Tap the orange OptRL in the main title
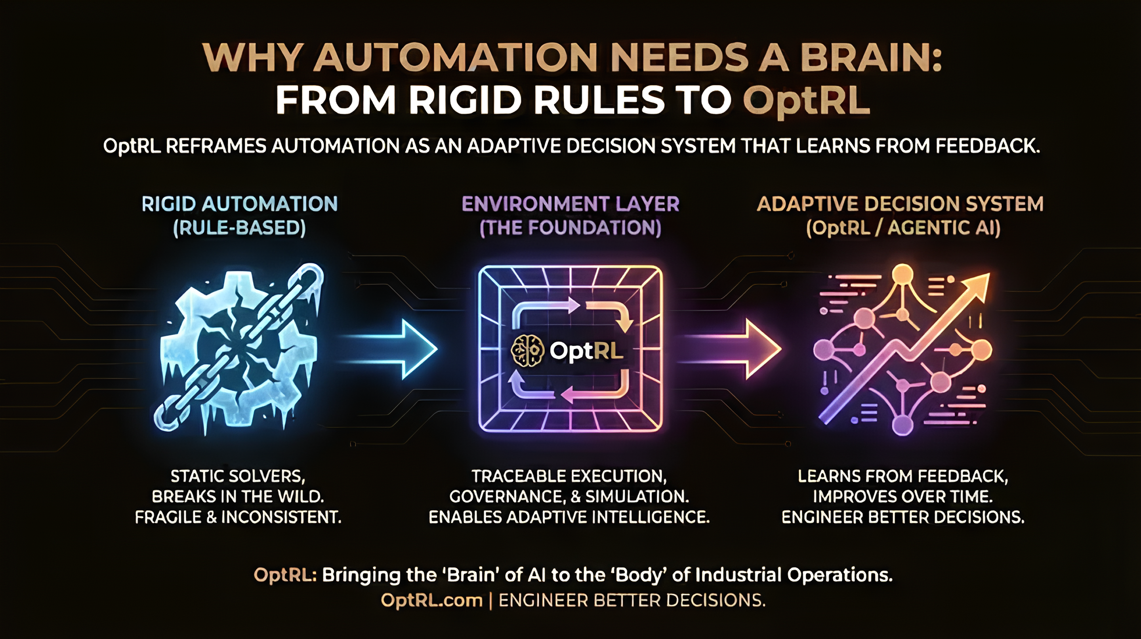coord(806,101)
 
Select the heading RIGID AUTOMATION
coord(240,204)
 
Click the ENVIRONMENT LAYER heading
coord(570,204)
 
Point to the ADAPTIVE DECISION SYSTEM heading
coord(901,204)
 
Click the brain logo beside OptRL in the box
coord(527,350)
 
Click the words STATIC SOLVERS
coord(238,476)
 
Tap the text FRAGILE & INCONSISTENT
coord(238,517)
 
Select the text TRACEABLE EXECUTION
coord(569,476)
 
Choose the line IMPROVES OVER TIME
coord(903,497)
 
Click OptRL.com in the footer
coord(431,601)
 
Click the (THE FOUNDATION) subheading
coord(570,228)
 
